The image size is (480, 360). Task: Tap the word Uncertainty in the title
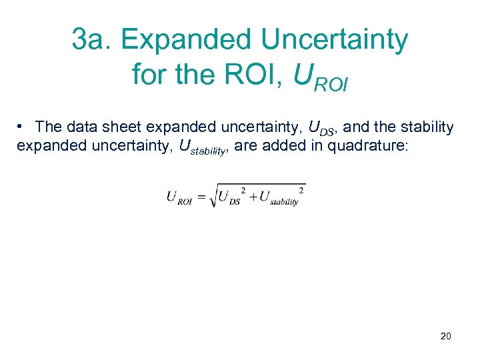coord(334,40)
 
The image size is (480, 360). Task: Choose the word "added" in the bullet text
coord(287,146)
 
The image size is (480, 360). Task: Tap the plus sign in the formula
coord(252,196)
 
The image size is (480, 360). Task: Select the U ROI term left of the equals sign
coord(179,197)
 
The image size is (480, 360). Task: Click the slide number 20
coord(445,336)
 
